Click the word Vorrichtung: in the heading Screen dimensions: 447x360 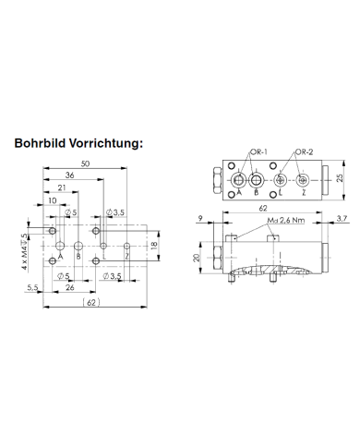click(x=111, y=143)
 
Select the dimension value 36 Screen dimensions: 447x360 click(x=70, y=175)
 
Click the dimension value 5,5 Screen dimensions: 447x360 click(x=31, y=288)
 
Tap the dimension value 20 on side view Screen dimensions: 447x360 click(x=196, y=258)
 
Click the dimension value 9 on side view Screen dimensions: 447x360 click(x=201, y=220)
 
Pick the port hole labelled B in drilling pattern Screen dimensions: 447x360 click(x=80, y=246)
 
